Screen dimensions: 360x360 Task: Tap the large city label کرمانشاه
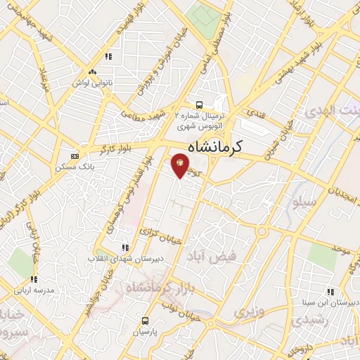pyautogui.click(x=215, y=147)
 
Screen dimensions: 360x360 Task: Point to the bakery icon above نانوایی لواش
pyautogui.click(x=92, y=72)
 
